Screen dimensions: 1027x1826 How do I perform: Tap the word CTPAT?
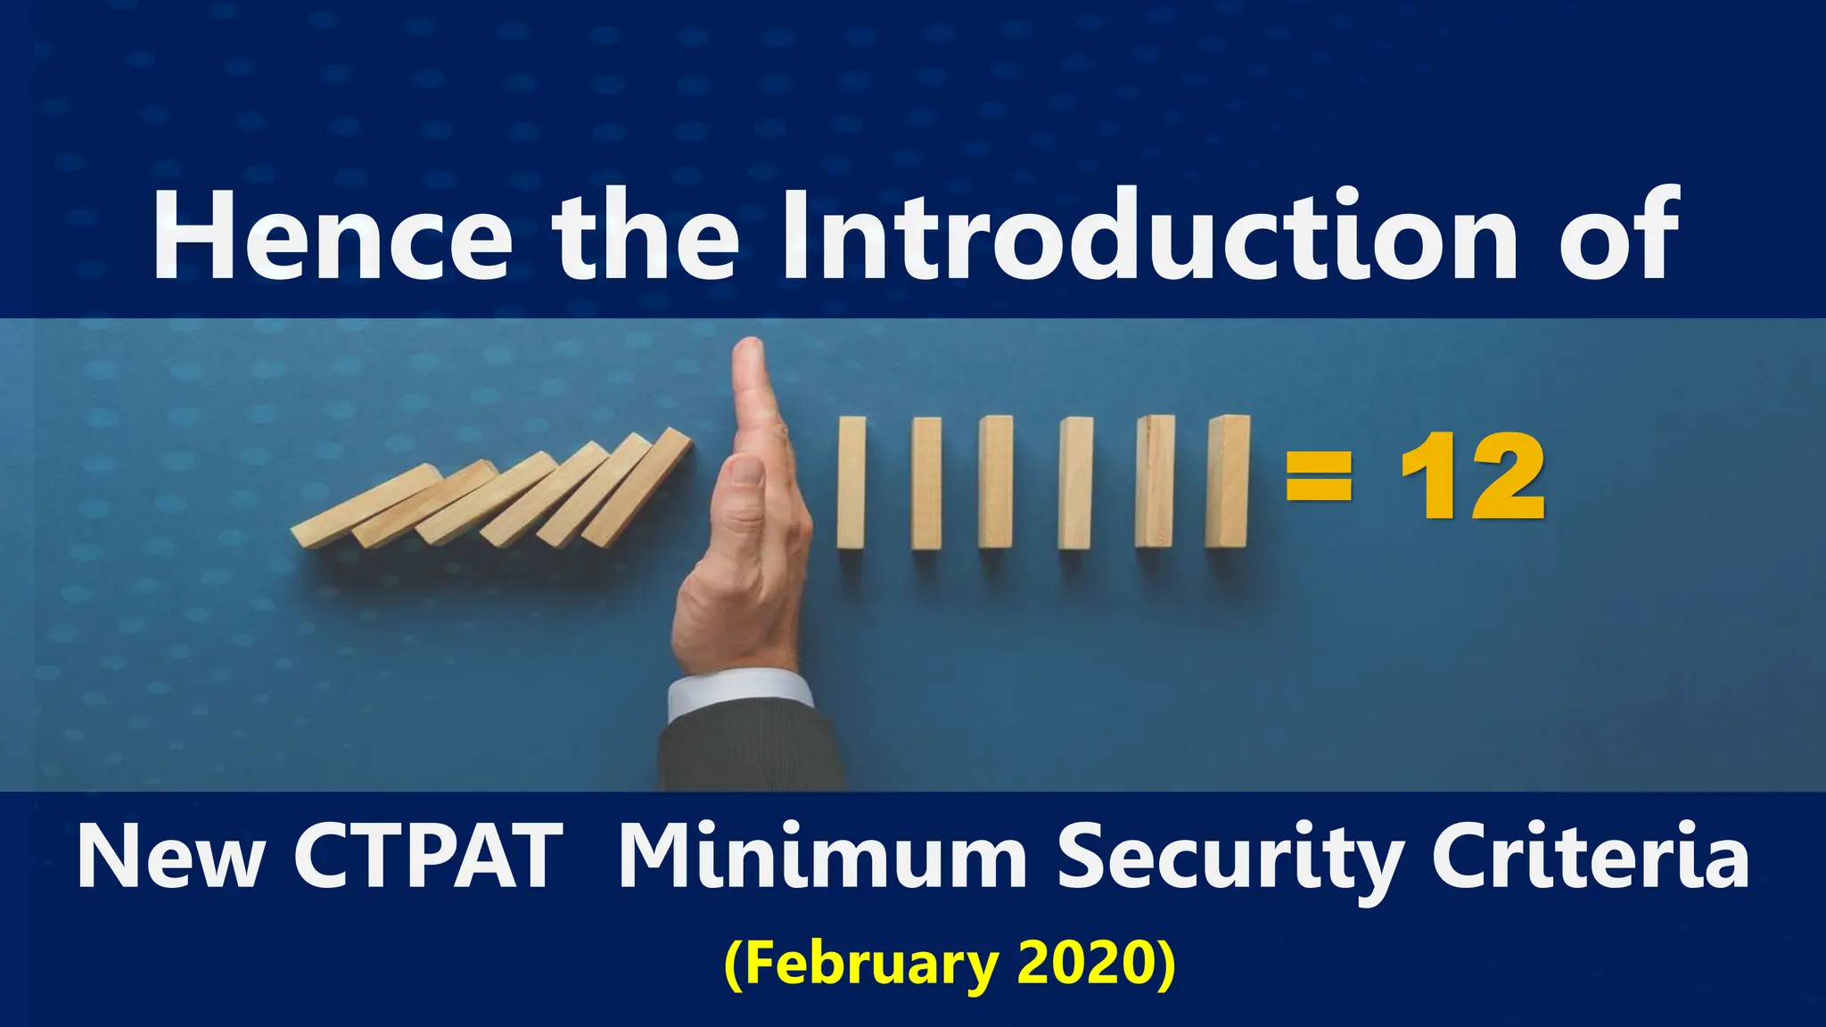[x=428, y=858]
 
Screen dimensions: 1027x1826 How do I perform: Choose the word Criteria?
[x=1589, y=858]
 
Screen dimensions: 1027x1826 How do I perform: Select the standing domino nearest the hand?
[x=851, y=481]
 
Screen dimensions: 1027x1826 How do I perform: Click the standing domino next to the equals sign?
[x=1227, y=481]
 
